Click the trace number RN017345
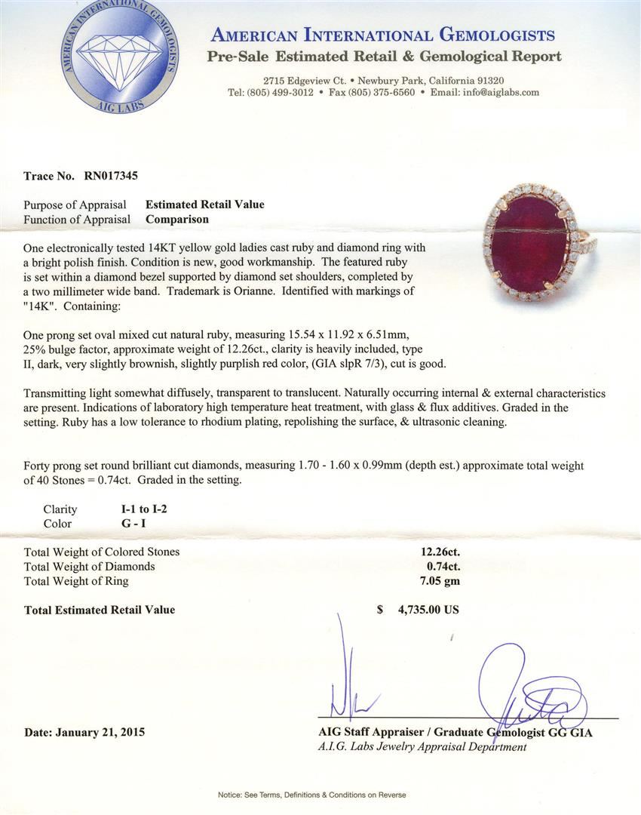pos(106,176)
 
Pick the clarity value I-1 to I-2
pos(139,509)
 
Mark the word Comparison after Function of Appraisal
pos(177,219)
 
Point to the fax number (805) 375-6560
pos(382,92)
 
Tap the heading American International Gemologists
pos(383,35)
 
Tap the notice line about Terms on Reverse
pos(311,795)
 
